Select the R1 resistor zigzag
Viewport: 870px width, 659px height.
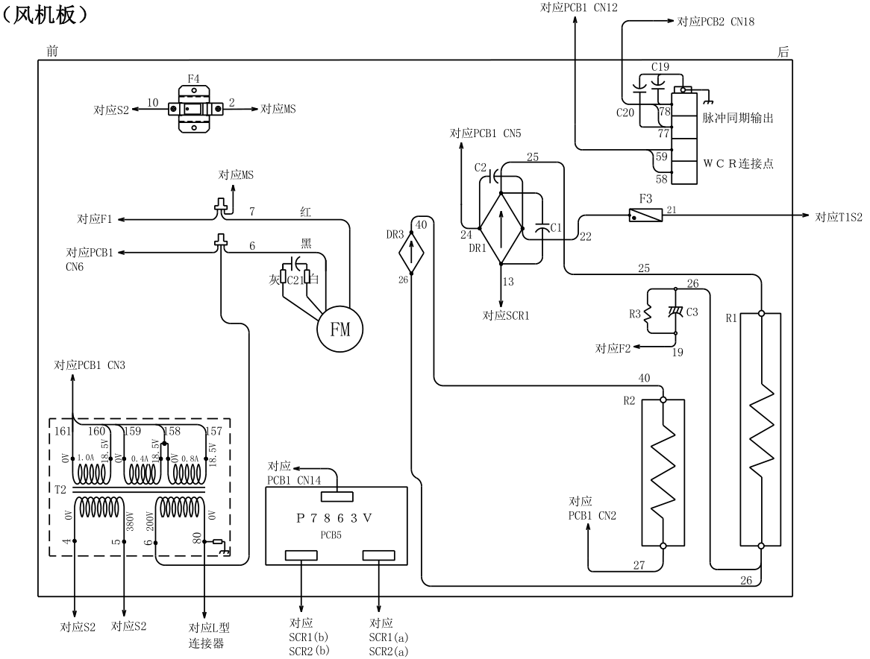point(761,429)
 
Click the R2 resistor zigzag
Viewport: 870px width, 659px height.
point(663,473)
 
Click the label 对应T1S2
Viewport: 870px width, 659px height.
point(838,217)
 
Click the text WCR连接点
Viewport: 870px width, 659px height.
point(737,163)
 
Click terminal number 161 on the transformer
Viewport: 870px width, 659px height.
point(62,431)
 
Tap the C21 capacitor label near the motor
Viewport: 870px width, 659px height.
point(295,280)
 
